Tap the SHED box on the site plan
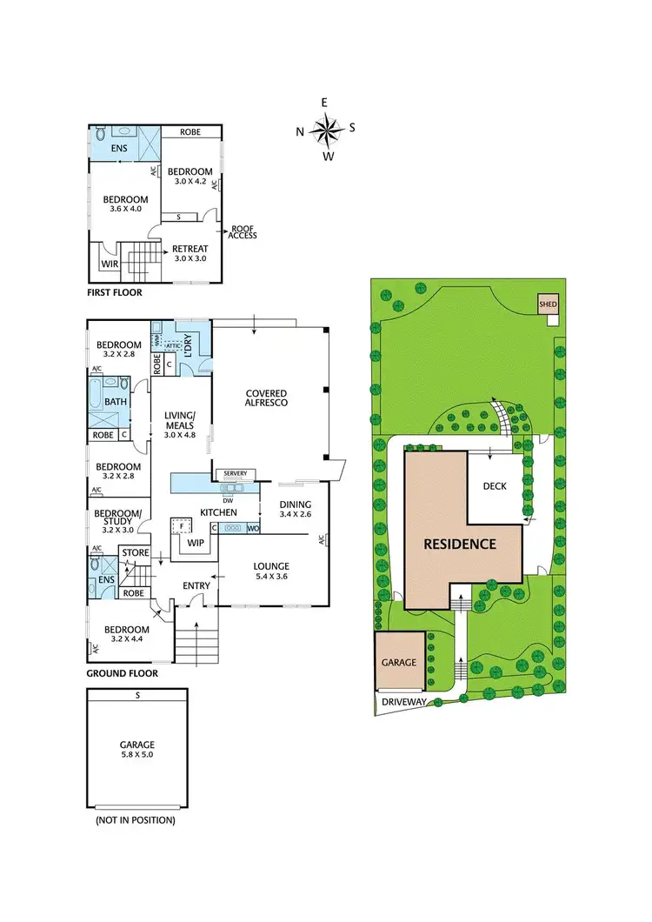tap(548, 304)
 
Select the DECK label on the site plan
tap(496, 486)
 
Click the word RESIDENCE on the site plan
tap(460, 545)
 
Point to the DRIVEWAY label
tap(401, 701)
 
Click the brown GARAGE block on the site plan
tap(399, 662)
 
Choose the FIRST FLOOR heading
tap(114, 293)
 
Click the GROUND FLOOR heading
tap(122, 673)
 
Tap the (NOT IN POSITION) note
tap(136, 820)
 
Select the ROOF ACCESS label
tap(243, 232)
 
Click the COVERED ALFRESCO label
tap(265, 398)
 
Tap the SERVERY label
tap(236, 473)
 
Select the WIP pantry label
tap(196, 543)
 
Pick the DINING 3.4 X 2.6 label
tap(295, 509)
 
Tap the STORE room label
tap(136, 552)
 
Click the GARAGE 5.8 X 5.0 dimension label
tap(136, 750)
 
